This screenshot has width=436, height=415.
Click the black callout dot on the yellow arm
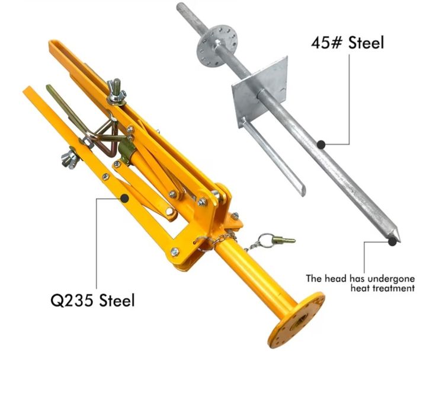pyautogui.click(x=124, y=199)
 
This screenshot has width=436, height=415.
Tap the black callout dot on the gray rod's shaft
pyautogui.click(x=321, y=145)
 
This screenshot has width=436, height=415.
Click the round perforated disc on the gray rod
pyautogui.click(x=217, y=46)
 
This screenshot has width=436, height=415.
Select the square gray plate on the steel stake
pyautogui.click(x=259, y=91)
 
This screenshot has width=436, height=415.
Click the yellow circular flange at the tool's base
pyautogui.click(x=296, y=320)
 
